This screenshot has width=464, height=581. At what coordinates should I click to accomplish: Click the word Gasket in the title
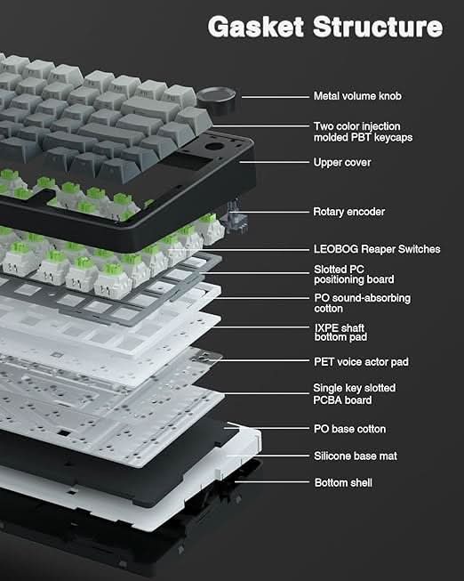click(x=253, y=26)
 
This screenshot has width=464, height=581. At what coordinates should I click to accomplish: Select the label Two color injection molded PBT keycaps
click(x=363, y=132)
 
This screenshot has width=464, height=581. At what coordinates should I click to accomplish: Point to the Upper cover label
click(x=342, y=163)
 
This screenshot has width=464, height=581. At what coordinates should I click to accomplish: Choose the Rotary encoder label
click(x=349, y=212)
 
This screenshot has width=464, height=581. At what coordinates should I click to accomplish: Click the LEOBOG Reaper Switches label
click(x=376, y=249)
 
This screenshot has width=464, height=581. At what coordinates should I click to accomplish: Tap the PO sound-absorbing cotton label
click(x=362, y=303)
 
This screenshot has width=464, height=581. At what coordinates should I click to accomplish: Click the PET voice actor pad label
click(x=361, y=362)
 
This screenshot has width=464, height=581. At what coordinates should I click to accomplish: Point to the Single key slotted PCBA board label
click(x=354, y=394)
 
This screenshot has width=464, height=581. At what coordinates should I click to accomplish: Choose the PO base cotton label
click(x=349, y=429)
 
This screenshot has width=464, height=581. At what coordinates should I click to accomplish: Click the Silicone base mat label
click(x=356, y=456)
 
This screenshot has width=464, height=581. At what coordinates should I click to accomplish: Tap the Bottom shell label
click(x=343, y=482)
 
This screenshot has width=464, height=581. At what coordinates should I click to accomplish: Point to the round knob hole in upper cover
click(x=215, y=145)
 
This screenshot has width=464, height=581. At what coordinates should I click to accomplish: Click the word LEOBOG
click(x=334, y=249)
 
